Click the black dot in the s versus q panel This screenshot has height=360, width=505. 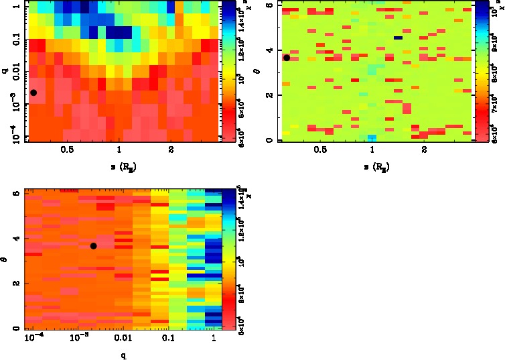click(x=33, y=93)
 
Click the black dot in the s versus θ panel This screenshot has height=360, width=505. click(x=287, y=58)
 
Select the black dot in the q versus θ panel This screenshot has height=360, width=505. click(x=94, y=246)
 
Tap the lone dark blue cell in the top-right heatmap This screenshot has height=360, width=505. click(x=398, y=38)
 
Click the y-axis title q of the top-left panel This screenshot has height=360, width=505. click(x=5, y=66)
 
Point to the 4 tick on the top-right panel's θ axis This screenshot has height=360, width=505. click(x=269, y=50)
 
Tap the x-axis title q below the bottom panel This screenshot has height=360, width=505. click(x=123, y=355)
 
